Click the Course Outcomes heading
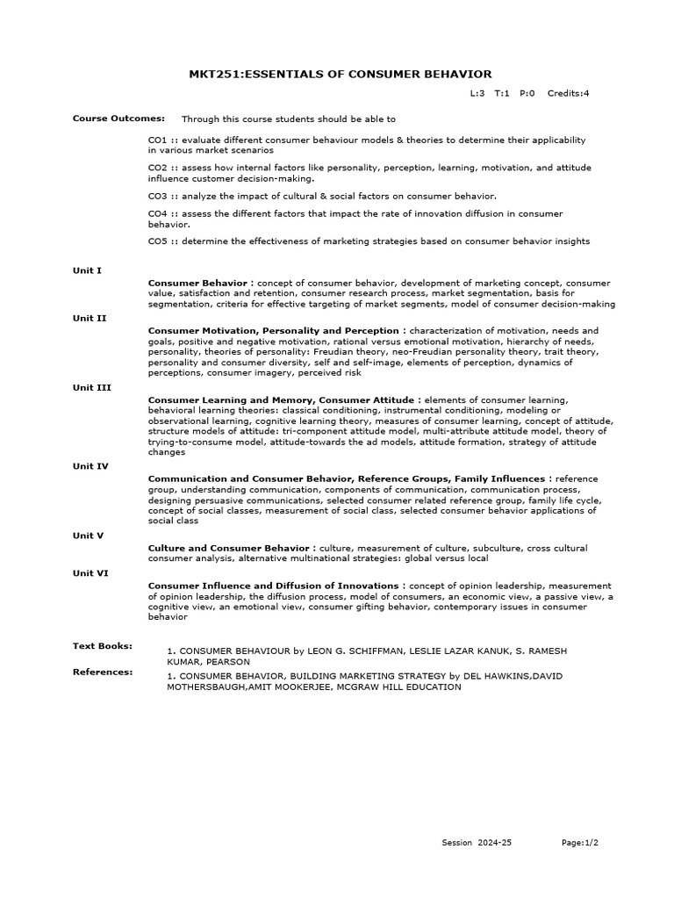[106, 118]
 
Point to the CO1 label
[158, 140]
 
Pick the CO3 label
[158, 195]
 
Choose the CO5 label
[158, 241]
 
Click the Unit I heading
[88, 270]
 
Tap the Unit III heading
[92, 387]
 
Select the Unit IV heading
[91, 466]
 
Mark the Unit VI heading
[91, 572]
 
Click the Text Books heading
[103, 646]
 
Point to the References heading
[103, 672]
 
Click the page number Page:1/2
[580, 843]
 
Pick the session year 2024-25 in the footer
[494, 843]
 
